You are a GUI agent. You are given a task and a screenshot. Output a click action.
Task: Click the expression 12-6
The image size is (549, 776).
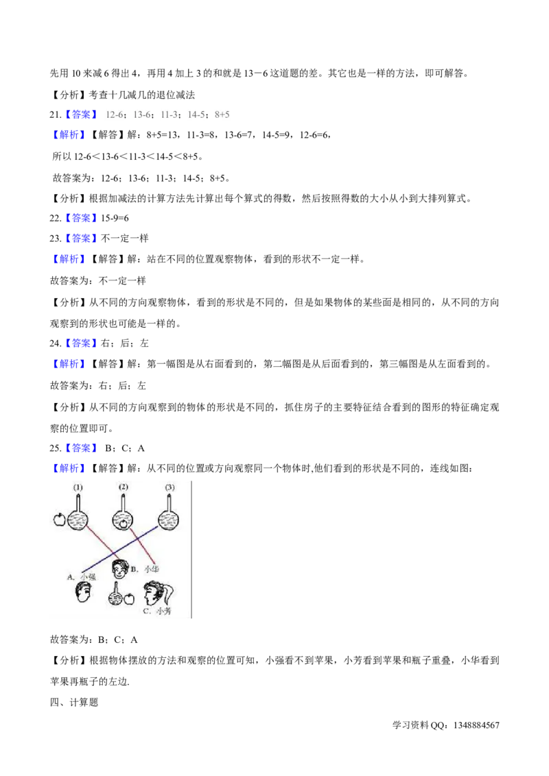click(x=113, y=115)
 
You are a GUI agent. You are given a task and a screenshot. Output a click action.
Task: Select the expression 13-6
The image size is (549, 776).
click(x=141, y=115)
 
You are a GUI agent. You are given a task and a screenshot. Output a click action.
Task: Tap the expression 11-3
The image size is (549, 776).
click(x=169, y=115)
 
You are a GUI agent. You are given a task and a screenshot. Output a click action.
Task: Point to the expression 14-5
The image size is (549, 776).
click(x=196, y=115)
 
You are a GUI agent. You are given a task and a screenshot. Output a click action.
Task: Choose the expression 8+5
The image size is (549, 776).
click(x=222, y=115)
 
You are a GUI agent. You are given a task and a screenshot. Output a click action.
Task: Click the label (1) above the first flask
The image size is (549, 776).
click(x=78, y=488)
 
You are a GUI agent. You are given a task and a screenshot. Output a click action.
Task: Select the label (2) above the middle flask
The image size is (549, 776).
click(x=123, y=487)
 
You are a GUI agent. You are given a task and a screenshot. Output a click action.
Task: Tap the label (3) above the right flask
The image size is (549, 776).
click(x=170, y=488)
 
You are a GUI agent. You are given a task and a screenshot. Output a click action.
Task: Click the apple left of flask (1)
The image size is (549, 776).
click(x=59, y=519)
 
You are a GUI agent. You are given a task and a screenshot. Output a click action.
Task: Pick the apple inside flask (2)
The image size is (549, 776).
click(x=124, y=523)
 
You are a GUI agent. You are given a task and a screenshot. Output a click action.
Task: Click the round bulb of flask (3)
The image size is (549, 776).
click(x=170, y=520)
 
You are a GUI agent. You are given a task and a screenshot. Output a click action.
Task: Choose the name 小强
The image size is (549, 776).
click(x=89, y=577)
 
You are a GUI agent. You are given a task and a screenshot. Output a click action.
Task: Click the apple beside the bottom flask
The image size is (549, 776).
click(x=128, y=601)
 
